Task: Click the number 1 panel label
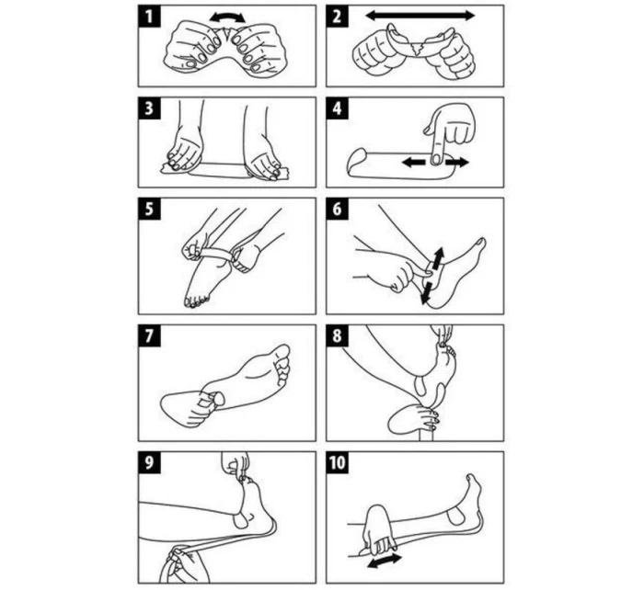(149, 17)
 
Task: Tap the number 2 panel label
(337, 17)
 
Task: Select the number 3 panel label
(149, 108)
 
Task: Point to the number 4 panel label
(337, 108)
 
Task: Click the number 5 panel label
(149, 209)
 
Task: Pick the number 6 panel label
(337, 209)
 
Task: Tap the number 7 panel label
(149, 335)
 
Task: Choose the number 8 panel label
(337, 335)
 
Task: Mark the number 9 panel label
(149, 462)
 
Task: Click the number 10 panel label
(337, 462)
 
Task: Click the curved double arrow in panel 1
(227, 16)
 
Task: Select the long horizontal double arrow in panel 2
(420, 16)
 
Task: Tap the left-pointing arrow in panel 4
(413, 163)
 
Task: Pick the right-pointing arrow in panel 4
(456, 163)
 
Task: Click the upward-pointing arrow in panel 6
(438, 256)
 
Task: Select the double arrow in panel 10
(385, 561)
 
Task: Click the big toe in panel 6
(479, 244)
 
